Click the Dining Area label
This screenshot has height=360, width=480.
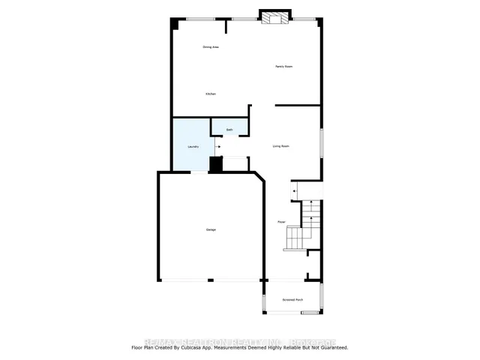coord(211,47)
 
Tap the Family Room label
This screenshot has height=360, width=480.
coord(283,67)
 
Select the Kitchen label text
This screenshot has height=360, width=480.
coord(211,94)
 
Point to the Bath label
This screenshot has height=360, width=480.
coord(229,130)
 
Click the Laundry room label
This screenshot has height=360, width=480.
coord(193,147)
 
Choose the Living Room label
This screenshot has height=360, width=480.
coord(280,146)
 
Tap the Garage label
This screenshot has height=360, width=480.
coord(211,229)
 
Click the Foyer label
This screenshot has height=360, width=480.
coord(281,222)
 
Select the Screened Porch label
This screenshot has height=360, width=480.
coord(292,300)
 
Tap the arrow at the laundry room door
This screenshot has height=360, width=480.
coord(218,148)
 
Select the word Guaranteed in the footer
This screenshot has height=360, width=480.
coord(331,347)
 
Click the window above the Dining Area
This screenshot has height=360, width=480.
coord(199,19)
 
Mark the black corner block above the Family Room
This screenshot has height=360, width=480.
coord(318,22)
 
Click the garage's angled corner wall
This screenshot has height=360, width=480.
coord(259,178)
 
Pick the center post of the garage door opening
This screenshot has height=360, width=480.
coord(210,280)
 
